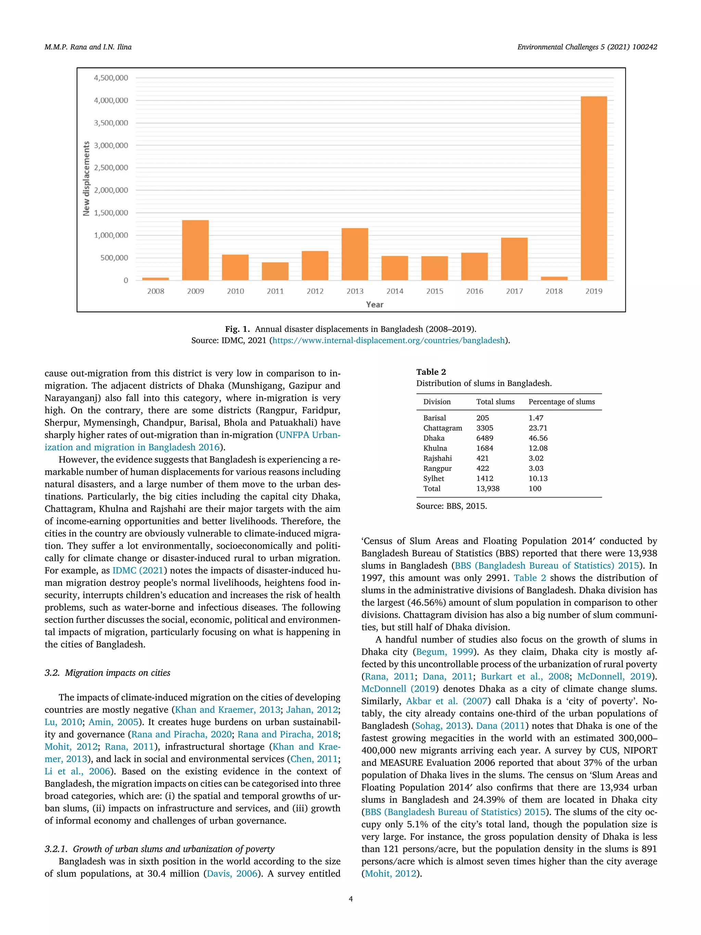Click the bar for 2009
click(x=195, y=250)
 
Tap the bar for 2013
click(x=355, y=254)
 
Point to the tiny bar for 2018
click(x=554, y=278)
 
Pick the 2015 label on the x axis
click(x=434, y=291)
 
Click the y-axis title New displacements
click(x=87, y=178)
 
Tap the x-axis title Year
click(x=374, y=304)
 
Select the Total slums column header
click(x=495, y=402)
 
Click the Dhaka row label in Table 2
click(x=434, y=438)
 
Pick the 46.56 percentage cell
click(x=538, y=438)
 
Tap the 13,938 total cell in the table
click(x=488, y=488)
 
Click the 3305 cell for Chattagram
click(x=485, y=428)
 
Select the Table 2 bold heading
click(x=431, y=372)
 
